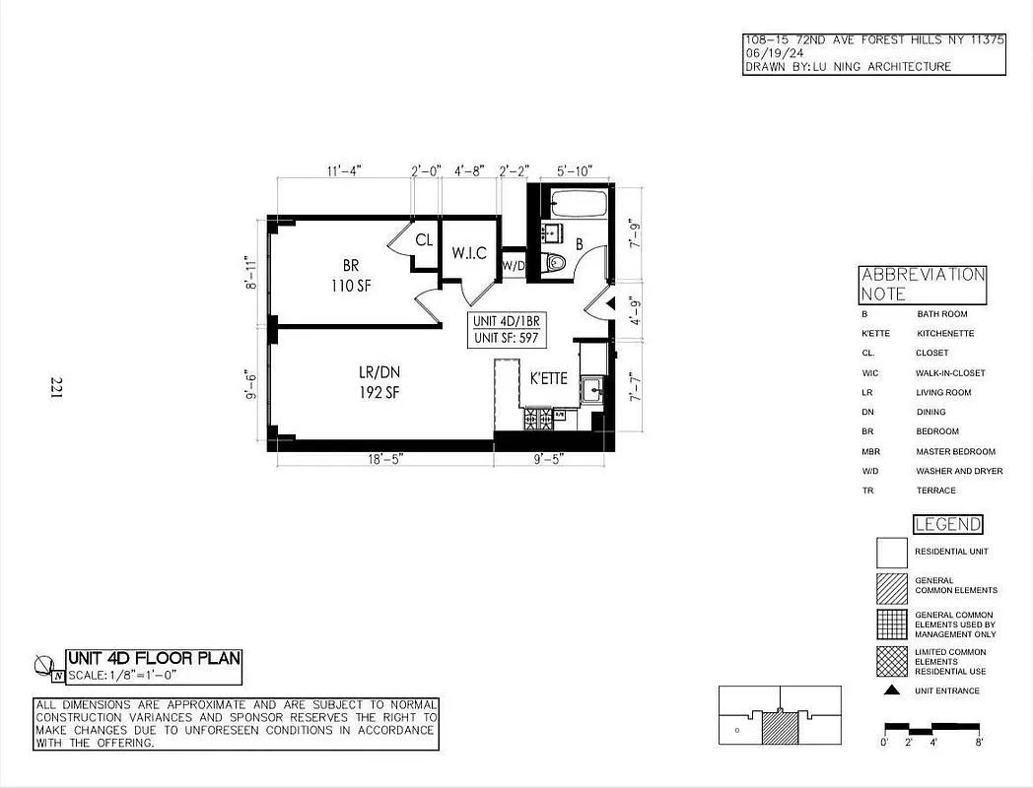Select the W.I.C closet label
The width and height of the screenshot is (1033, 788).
tap(469, 253)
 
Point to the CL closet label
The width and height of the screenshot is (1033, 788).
tap(423, 239)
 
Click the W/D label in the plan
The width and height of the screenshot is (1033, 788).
tap(513, 266)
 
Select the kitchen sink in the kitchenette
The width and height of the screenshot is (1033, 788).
tap(592, 389)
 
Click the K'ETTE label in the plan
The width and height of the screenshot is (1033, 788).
tap(548, 378)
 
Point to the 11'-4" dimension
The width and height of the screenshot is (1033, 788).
tap(344, 170)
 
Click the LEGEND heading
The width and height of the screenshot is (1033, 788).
tap(947, 525)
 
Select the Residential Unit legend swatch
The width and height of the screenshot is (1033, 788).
tap(891, 552)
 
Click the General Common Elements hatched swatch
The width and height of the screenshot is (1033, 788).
tap(891, 588)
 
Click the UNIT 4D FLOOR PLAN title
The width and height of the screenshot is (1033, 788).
tap(153, 658)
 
